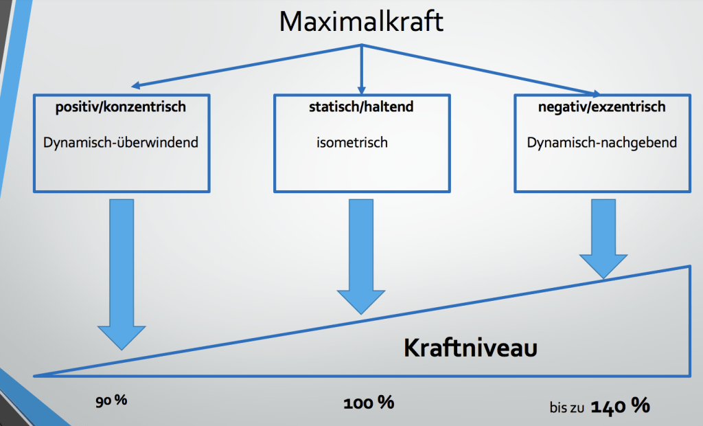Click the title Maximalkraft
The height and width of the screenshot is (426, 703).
point(361,21)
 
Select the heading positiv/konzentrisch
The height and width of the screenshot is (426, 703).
point(121,106)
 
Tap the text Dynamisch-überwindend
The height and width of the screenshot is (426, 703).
point(121,142)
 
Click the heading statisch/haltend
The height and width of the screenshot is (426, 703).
point(361,106)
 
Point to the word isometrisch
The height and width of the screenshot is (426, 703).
point(352,142)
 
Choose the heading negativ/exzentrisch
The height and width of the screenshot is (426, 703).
point(601,106)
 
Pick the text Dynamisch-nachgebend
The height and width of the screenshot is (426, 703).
point(601,143)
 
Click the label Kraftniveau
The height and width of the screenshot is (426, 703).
point(470,348)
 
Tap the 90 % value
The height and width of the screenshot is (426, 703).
point(111,400)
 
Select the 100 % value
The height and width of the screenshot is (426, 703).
point(369,402)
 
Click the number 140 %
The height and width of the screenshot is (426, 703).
point(620,406)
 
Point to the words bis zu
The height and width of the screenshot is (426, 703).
point(566,407)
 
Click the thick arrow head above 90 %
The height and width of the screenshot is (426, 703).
point(122,337)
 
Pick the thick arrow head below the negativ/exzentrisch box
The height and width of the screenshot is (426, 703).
point(603,266)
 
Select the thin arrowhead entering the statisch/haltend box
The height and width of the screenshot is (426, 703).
point(361,90)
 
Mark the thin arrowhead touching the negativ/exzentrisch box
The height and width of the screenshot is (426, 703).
point(596,94)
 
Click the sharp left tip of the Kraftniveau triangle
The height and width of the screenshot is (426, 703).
point(34,376)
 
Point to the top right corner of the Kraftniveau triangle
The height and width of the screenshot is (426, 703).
point(689,267)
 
